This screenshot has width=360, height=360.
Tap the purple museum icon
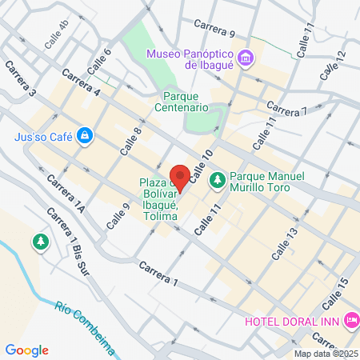click(246, 57)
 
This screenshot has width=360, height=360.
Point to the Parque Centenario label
click(181, 100)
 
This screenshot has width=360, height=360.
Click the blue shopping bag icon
click(83, 136)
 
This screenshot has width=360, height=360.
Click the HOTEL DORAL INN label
click(293, 321)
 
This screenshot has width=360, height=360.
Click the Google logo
click(27, 350)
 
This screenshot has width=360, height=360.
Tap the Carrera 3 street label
click(22, 80)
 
